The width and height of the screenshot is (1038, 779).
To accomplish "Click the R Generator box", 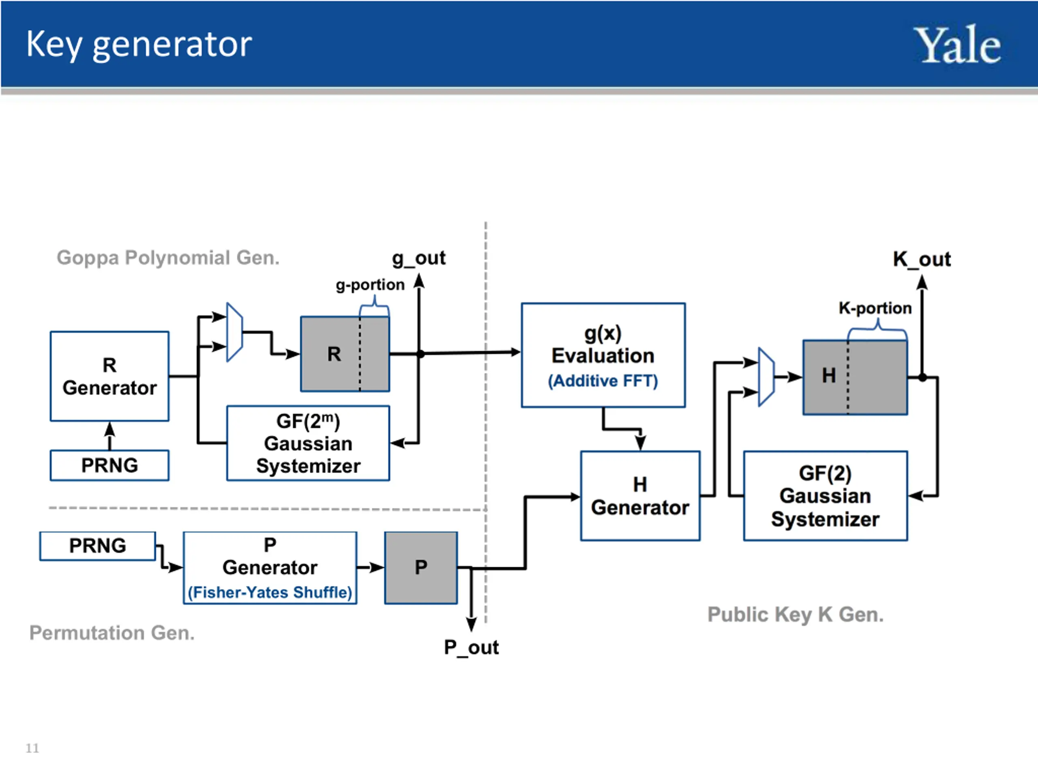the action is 110,376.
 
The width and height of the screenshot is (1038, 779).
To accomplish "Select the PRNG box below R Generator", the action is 110,465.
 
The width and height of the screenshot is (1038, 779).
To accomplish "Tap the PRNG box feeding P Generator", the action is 98,546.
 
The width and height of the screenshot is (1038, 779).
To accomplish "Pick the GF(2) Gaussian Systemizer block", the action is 826,496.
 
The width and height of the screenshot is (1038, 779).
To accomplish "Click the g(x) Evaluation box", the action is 603,355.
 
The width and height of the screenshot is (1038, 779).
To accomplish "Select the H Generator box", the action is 640,496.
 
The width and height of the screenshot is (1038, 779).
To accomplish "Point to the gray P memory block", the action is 421,568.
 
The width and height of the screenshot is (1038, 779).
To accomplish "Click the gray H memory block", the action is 855,377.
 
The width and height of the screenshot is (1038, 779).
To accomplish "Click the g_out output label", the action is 418,259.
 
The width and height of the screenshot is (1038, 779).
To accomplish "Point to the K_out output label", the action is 922,259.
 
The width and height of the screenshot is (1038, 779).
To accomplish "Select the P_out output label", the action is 471,648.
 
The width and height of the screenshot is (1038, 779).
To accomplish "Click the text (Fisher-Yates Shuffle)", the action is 270,593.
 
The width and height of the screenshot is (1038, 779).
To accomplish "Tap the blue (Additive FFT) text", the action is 603,381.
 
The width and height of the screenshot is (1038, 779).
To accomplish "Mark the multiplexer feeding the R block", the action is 235,332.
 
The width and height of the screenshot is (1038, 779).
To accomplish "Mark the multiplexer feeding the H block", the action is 766,377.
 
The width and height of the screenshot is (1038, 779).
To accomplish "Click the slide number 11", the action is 32,748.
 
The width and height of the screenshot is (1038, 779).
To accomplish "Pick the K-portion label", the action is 875,308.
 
